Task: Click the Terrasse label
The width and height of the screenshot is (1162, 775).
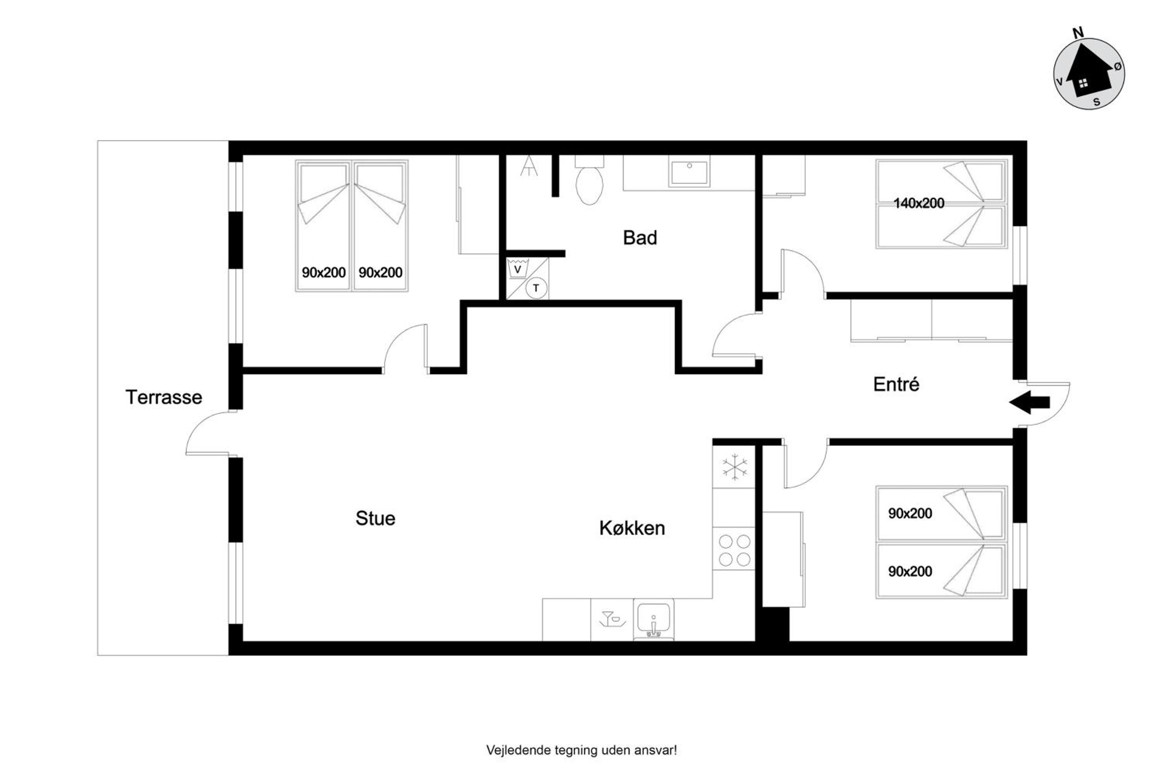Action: pos(163,398)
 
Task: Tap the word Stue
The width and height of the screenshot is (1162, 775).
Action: pos(375,518)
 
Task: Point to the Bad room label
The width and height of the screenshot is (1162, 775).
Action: pos(640,238)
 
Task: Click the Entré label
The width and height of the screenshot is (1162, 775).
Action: pos(896,384)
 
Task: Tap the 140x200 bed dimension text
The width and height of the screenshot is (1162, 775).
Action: pos(919,203)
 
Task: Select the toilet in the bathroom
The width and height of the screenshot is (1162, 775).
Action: pos(590,181)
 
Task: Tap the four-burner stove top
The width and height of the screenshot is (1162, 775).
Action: pos(734,551)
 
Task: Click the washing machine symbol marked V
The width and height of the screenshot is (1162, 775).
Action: pos(518,269)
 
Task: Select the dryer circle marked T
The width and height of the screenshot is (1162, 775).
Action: pos(536,288)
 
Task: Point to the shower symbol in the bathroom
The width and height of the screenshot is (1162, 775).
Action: pos(529,166)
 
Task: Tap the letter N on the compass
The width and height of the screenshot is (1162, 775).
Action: pos(1078,33)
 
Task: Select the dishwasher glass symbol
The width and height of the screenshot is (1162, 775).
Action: pos(612,619)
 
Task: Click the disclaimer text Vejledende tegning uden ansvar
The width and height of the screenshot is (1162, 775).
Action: pos(581,750)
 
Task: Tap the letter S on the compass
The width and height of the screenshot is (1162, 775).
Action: pos(1096,102)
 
